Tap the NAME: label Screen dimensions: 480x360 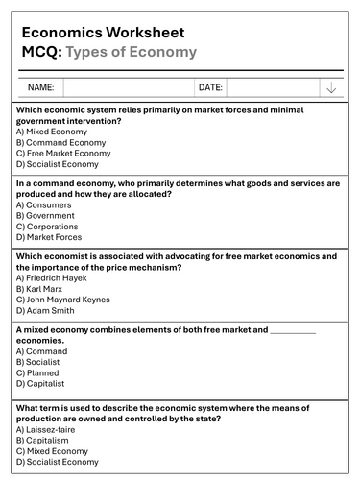(x=40, y=87)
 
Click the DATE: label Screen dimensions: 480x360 (x=210, y=87)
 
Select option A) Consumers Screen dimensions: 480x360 (x=44, y=204)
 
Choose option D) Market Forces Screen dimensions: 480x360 (x=49, y=237)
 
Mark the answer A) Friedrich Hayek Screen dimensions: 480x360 (x=58, y=277)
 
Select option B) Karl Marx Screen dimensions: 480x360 (x=41, y=288)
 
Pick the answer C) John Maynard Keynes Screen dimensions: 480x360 (x=70, y=300)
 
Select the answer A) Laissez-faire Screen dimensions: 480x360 (x=49, y=429)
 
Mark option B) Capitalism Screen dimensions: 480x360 (x=46, y=440)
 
